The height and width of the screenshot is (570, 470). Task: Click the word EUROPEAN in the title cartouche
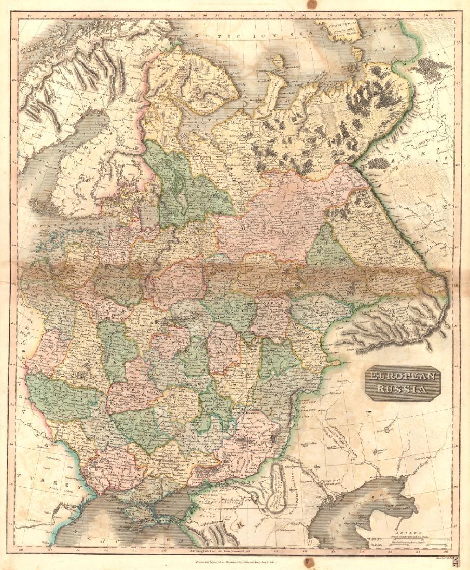[x=402, y=377]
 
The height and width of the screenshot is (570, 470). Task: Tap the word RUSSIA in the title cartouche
[x=402, y=389]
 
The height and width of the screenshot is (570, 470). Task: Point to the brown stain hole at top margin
[x=312, y=4]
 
